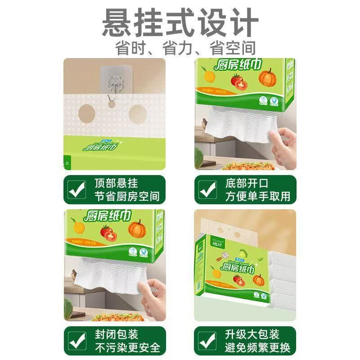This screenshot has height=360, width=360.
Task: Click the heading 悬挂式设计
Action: [180, 22]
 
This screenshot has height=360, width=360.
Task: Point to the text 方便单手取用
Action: [257, 197]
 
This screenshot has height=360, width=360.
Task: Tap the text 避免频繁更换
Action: [257, 348]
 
